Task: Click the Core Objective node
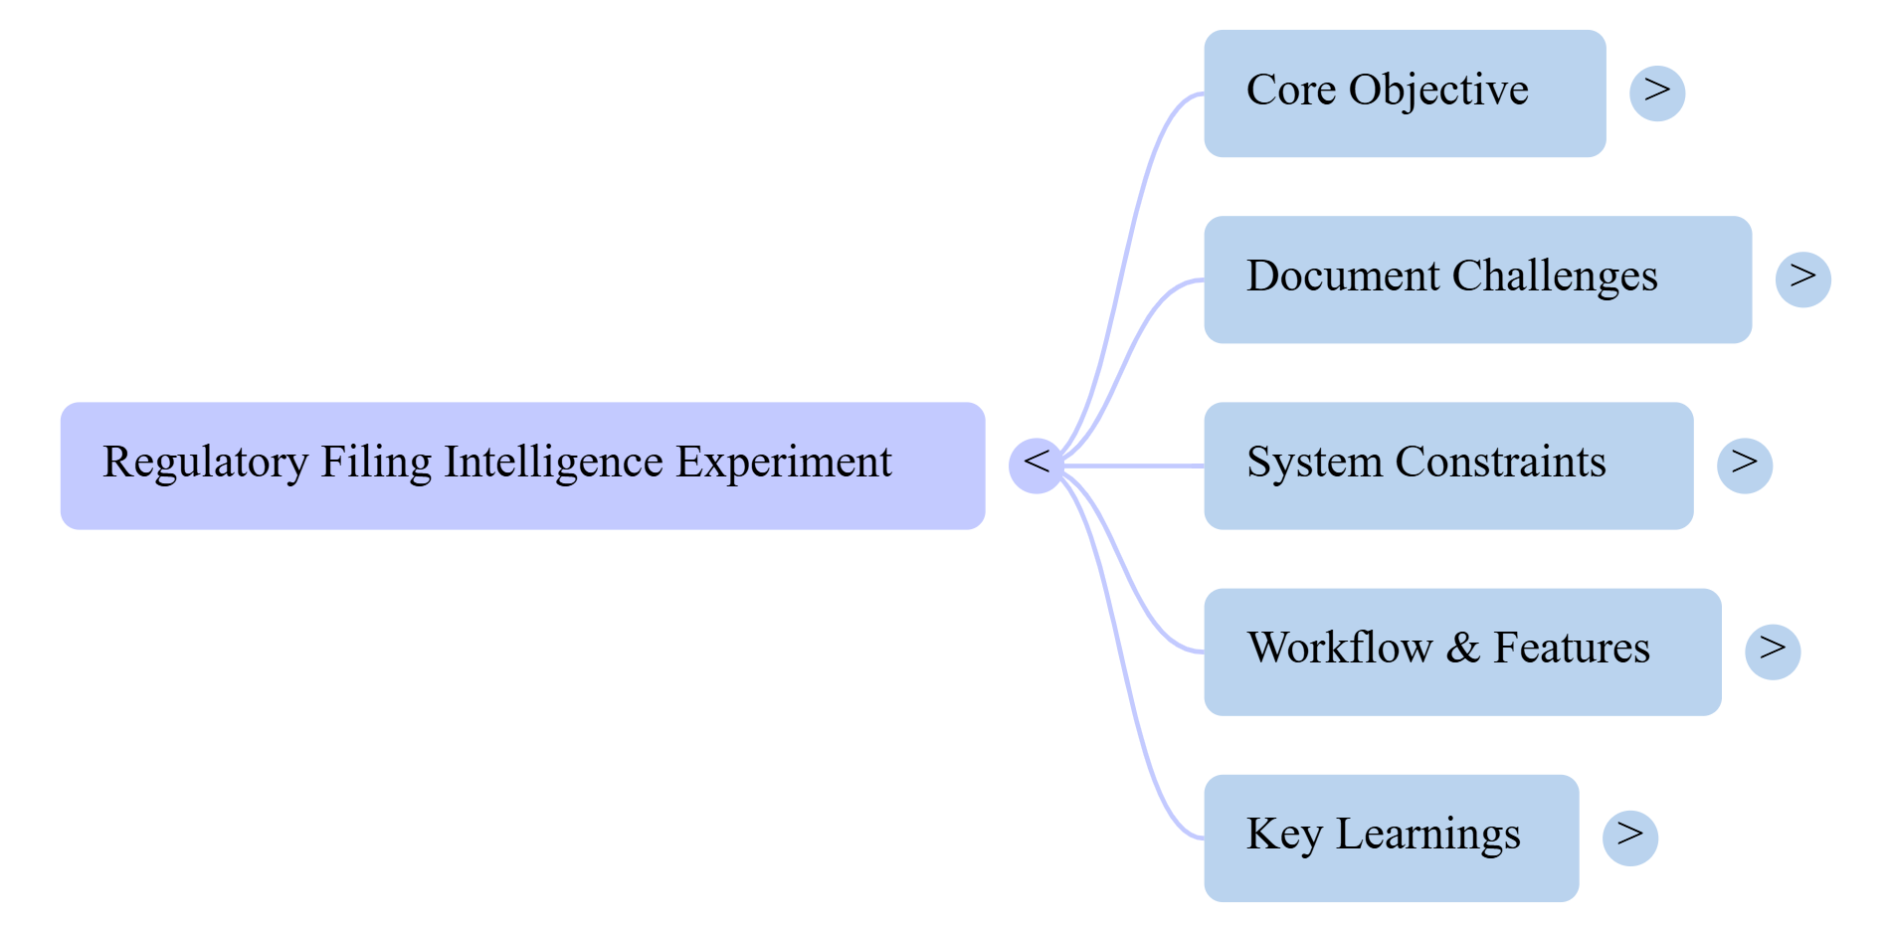click(1404, 93)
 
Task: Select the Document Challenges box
click(1477, 280)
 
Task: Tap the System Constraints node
click(1447, 466)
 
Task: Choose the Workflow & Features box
click(1461, 652)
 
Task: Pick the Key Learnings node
click(1390, 838)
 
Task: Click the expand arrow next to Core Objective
click(1657, 93)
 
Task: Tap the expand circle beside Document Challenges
click(1802, 280)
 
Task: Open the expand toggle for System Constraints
click(1745, 466)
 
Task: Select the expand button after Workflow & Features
click(1773, 652)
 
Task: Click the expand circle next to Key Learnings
click(1630, 838)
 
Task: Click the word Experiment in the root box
click(784, 463)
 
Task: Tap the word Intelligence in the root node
click(553, 463)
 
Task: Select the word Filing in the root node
click(376, 463)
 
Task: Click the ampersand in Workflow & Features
click(1462, 649)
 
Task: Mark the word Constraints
click(1500, 463)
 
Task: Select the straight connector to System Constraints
click(1134, 466)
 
